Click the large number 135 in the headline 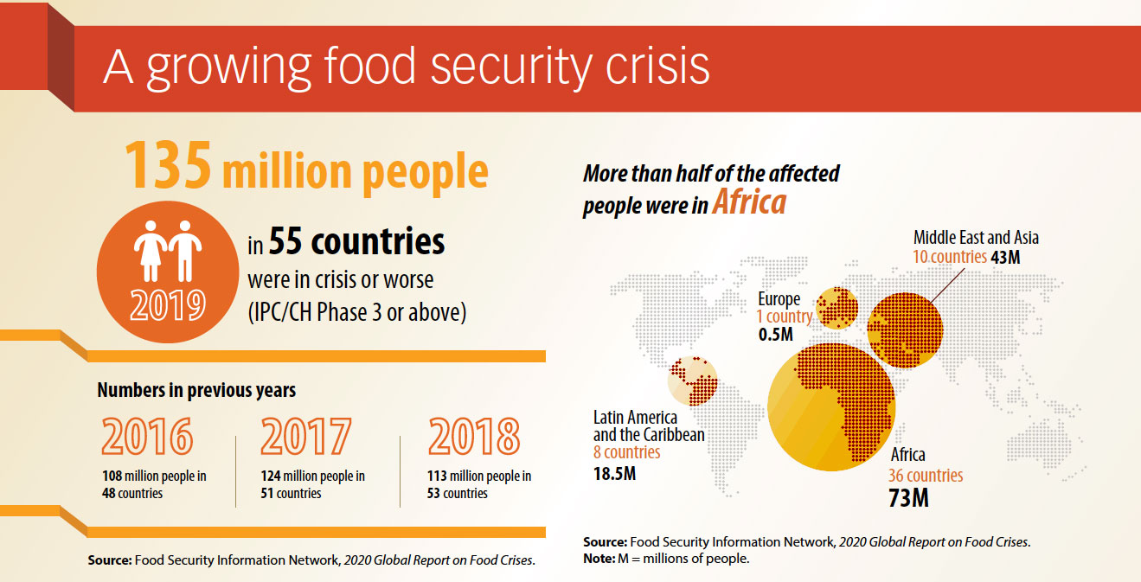pyautogui.click(x=168, y=165)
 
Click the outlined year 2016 pyautogui.click(x=146, y=437)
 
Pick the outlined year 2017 pyautogui.click(x=306, y=437)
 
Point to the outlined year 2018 pyautogui.click(x=474, y=437)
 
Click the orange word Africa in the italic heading pyautogui.click(x=749, y=202)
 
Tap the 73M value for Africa pyautogui.click(x=908, y=498)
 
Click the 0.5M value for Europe pyautogui.click(x=776, y=334)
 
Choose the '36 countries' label pyautogui.click(x=925, y=476)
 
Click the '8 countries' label pyautogui.click(x=626, y=452)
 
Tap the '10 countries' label pyautogui.click(x=949, y=257)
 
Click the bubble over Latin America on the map pyautogui.click(x=693, y=381)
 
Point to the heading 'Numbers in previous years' pyautogui.click(x=196, y=390)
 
